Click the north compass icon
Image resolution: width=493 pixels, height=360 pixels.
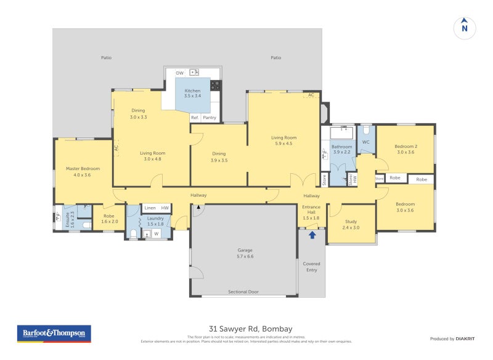tap(465, 27)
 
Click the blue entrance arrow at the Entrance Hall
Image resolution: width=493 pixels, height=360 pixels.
tap(312, 234)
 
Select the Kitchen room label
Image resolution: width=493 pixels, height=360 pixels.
tap(192, 93)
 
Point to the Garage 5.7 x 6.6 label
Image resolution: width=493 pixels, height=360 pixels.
tap(245, 253)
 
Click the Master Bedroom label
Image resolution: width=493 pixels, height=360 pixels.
tap(83, 171)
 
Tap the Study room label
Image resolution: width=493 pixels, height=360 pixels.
tap(351, 224)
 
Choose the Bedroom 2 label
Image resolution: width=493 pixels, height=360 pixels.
tap(405, 149)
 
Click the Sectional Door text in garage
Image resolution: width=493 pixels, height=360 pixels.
tap(243, 292)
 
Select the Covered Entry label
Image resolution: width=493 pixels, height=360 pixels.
tap(311, 266)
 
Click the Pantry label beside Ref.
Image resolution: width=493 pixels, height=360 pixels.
tap(210, 117)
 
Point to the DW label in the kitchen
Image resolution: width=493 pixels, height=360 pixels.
tap(180, 73)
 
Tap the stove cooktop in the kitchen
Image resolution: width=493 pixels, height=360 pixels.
tap(216, 85)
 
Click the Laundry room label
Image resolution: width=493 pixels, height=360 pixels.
tap(155, 221)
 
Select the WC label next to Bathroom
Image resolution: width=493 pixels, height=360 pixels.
tap(365, 142)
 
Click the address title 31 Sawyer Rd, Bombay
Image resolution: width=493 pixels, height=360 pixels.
tap(246, 329)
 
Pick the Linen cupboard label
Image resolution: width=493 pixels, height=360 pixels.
tap(150, 208)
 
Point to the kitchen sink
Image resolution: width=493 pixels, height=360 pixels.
tap(194, 73)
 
